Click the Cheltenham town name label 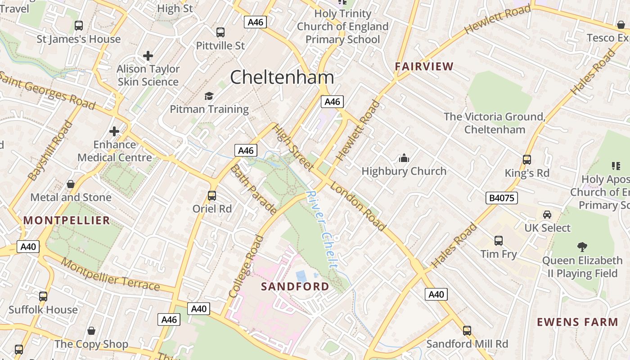click(282, 77)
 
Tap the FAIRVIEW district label click(424, 67)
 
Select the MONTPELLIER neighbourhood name click(67, 220)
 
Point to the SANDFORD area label click(295, 286)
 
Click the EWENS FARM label click(578, 322)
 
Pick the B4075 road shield click(502, 198)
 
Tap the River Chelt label click(322, 229)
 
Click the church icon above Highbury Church click(404, 158)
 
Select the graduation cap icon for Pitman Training click(209, 96)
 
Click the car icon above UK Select click(547, 215)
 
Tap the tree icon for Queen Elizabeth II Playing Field click(582, 247)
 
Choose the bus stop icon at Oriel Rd click(212, 196)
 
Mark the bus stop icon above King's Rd click(526, 160)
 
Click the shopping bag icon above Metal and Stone click(71, 184)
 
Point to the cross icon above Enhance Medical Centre click(114, 131)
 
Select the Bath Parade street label click(253, 189)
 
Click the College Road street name click(246, 266)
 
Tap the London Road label click(358, 206)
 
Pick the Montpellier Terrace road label click(110, 274)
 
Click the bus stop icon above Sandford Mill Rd click(467, 331)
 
